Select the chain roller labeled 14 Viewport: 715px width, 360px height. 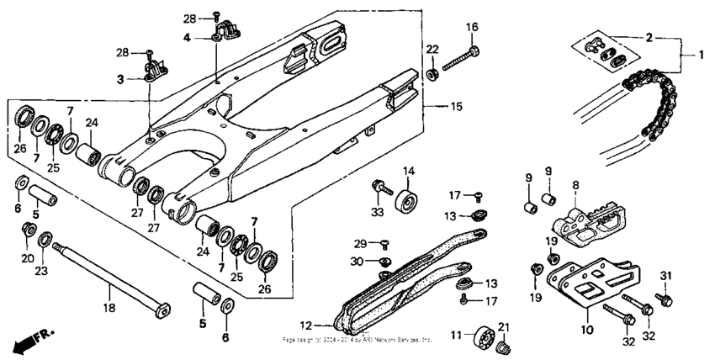410,204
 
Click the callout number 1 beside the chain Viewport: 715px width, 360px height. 699,55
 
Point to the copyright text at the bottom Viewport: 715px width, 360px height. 357,341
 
